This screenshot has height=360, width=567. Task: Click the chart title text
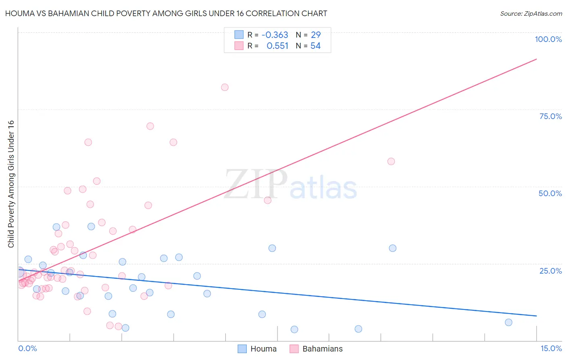tap(166, 13)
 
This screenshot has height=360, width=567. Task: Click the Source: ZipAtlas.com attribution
tap(531, 14)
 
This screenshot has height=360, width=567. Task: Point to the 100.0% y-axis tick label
tap(548, 39)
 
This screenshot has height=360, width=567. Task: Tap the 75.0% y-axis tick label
tap(550, 116)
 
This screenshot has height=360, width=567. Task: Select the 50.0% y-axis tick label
tap(550, 193)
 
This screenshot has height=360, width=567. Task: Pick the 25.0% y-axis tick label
tap(550, 270)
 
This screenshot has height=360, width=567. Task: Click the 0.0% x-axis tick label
tap(27, 348)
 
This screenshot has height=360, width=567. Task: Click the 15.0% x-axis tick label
tap(551, 348)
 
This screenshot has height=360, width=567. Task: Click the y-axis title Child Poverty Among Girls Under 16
tap(11, 184)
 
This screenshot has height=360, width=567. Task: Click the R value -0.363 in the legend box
tap(275, 35)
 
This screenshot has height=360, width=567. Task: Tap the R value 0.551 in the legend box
tap(277, 46)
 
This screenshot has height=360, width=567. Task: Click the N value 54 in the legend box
tap(315, 46)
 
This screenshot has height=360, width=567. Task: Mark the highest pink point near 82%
tap(225, 87)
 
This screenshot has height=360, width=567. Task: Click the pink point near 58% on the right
tap(391, 161)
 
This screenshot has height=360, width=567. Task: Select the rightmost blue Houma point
tap(509, 322)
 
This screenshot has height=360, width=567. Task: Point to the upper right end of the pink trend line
tap(536, 59)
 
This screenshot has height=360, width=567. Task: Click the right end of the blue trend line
tap(536, 316)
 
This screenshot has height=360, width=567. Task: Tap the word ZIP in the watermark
tap(256, 185)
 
